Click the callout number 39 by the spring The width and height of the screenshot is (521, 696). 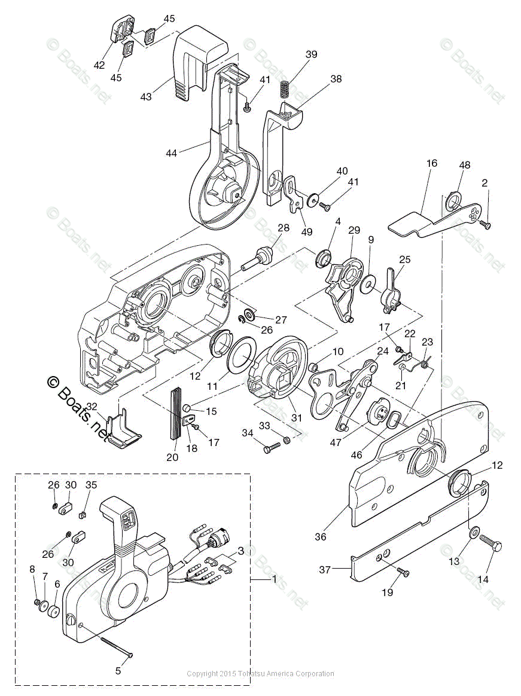311,54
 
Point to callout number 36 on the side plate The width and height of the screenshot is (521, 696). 321,536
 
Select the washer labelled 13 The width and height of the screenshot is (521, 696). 474,532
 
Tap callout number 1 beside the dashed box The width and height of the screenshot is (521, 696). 275,579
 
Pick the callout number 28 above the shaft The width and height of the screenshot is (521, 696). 283,228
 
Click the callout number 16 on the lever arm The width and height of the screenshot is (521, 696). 432,163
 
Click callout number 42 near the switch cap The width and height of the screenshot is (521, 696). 99,65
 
